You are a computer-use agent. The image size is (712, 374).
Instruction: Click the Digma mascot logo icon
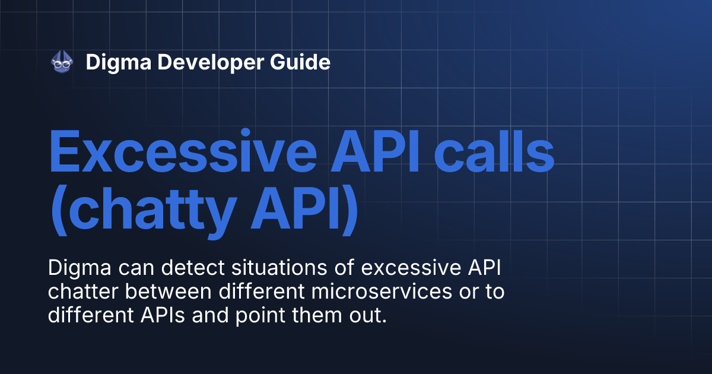(62, 62)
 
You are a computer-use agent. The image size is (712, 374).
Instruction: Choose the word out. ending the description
(368, 315)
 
